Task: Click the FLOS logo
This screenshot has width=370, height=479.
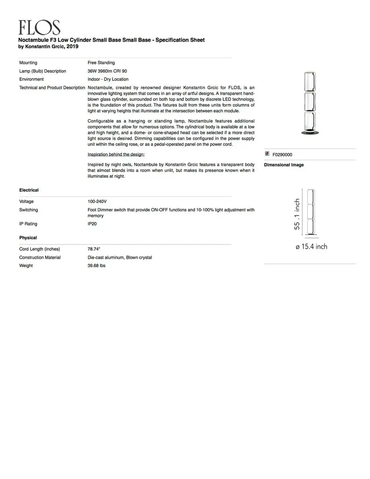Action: (x=39, y=28)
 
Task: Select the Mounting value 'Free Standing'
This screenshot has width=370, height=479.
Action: (x=101, y=63)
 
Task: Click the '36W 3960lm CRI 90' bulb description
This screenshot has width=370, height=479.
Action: (x=107, y=71)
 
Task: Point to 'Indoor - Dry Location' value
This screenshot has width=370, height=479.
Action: (x=108, y=80)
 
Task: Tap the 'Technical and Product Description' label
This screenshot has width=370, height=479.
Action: (x=52, y=88)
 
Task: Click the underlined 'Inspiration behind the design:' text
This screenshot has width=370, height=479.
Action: (x=116, y=154)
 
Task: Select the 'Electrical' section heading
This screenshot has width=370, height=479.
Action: (x=29, y=190)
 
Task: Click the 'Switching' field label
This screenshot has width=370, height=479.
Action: (x=29, y=210)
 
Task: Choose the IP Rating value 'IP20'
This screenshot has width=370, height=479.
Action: (x=93, y=224)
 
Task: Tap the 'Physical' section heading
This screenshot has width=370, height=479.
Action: (x=28, y=238)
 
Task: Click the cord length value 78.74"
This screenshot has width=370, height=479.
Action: (x=94, y=249)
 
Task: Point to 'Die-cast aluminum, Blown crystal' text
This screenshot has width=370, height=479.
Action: (x=120, y=258)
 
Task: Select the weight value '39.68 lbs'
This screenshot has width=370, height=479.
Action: (x=97, y=266)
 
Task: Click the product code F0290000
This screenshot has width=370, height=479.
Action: (x=283, y=155)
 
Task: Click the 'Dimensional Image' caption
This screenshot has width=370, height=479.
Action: (x=284, y=165)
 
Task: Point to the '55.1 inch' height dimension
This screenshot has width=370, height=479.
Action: (x=297, y=214)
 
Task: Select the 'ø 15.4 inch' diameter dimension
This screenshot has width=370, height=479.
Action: (x=311, y=247)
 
